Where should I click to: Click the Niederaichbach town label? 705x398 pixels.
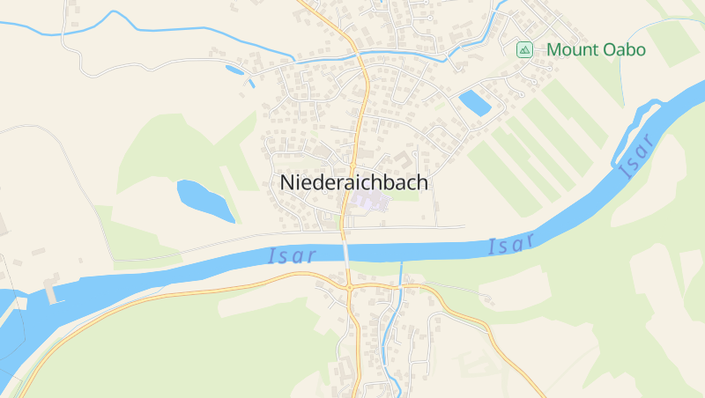tap(354, 183)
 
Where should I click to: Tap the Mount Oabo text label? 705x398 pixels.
tap(596, 50)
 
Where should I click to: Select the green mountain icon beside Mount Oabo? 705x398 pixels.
tap(525, 50)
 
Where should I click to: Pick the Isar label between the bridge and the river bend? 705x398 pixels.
tap(512, 244)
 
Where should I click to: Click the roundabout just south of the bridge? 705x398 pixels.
tap(349, 287)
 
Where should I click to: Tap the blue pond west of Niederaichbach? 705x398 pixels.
tap(204, 200)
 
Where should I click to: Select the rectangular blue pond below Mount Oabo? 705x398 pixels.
tap(475, 103)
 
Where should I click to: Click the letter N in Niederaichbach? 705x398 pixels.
tap(288, 183)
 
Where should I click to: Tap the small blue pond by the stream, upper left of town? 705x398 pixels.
tap(235, 69)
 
